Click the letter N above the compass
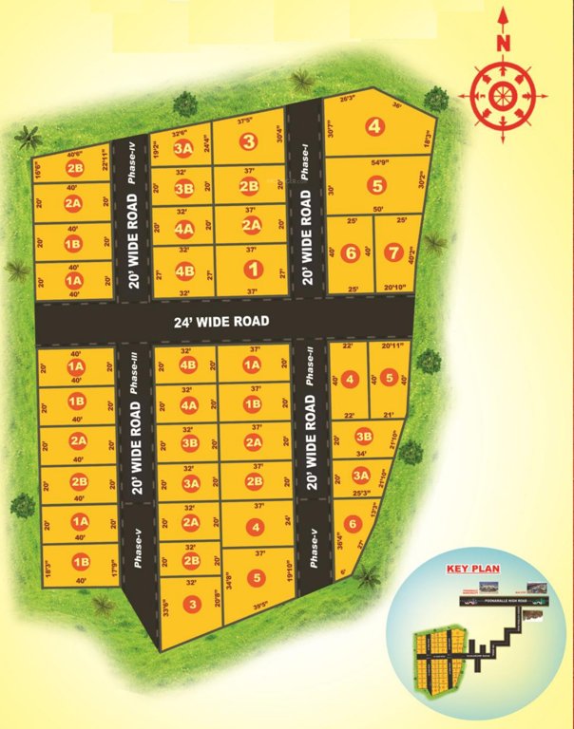click(x=505, y=43)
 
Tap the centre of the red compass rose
click(x=504, y=94)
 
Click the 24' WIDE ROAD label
click(x=222, y=322)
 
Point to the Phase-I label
click(x=306, y=160)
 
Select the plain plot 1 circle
click(x=251, y=268)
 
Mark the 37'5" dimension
click(x=248, y=121)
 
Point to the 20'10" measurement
click(x=392, y=288)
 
